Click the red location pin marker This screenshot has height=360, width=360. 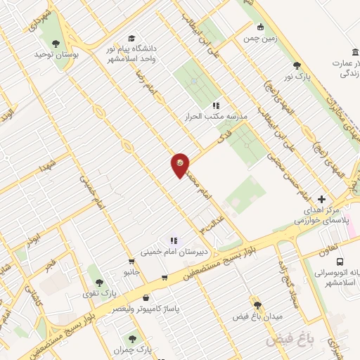pyautogui.click(x=180, y=165)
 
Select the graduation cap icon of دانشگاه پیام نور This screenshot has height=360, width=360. pyautogui.click(x=131, y=39)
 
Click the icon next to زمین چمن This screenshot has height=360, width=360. pyautogui.click(x=261, y=27)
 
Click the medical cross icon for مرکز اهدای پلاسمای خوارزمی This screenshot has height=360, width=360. pyautogui.click(x=321, y=199)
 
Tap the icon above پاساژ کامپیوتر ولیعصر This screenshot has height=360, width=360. pyautogui.click(x=146, y=297)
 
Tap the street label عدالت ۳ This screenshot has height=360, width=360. pyautogui.click(x=210, y=223)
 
